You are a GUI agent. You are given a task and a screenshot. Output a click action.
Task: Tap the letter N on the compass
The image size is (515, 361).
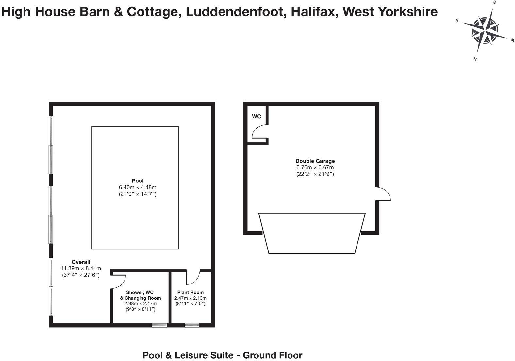pyautogui.click(x=475, y=59)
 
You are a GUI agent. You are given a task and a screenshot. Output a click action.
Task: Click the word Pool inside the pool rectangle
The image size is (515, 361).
pyautogui.click(x=138, y=181)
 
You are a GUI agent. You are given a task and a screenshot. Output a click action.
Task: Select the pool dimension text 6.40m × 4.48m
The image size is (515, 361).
pyautogui.click(x=138, y=187)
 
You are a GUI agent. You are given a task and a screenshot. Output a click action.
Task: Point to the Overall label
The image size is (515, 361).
pyautogui.click(x=81, y=262)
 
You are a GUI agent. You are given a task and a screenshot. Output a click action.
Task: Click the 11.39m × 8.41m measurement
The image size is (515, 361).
pyautogui.click(x=81, y=268)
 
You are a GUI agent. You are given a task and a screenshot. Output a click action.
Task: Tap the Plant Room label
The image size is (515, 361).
pyautogui.click(x=190, y=292)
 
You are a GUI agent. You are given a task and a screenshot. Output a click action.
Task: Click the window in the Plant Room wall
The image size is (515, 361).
pyautogui.click(x=191, y=325)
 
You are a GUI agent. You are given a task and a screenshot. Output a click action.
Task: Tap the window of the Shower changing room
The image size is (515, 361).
pyautogui.click(x=159, y=325)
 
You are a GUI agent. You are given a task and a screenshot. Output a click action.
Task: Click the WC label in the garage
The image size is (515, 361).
pyautogui.click(x=257, y=116)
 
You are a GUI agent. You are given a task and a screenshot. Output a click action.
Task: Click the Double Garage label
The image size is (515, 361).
pyautogui.click(x=315, y=161)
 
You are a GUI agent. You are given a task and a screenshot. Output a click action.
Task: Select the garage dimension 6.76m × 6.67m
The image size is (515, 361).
pyautogui.click(x=315, y=167)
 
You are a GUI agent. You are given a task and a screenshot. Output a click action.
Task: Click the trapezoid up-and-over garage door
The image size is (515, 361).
pyautogui.click(x=312, y=233)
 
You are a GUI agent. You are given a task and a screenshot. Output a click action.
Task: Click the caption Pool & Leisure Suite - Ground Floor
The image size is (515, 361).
pyautogui.click(x=222, y=355)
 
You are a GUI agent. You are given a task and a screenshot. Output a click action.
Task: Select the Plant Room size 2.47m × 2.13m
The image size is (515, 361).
pyautogui.click(x=190, y=298)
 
